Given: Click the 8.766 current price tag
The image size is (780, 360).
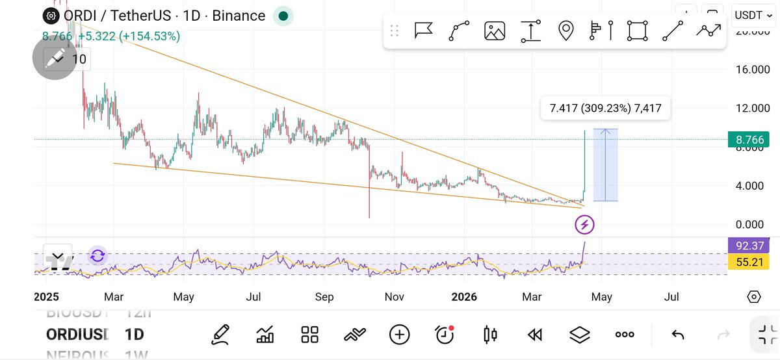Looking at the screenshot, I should tap(753, 139).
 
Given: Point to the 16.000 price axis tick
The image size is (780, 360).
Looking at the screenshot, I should tap(753, 70).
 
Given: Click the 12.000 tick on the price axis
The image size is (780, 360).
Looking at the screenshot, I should tap(753, 108).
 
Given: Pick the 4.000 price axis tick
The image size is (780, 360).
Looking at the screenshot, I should tap(753, 186).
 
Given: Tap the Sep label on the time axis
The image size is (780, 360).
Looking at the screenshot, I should tap(324, 297).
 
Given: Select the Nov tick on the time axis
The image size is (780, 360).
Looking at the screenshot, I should tap(395, 297).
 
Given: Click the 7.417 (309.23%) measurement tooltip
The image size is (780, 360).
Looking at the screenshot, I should tap(605, 109).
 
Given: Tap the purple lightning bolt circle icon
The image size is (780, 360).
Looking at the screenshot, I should tap(584, 225).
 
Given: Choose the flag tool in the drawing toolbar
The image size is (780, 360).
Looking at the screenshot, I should tap(424, 31).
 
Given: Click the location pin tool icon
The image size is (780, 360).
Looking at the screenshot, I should tap(566, 31).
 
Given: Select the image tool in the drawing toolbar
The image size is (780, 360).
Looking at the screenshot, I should tap(495, 31).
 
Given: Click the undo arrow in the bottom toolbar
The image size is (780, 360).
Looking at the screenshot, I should tap(677, 335).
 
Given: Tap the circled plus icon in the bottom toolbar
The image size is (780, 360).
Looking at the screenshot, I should tap(399, 335).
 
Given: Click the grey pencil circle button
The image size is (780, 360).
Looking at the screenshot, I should tap(55, 58).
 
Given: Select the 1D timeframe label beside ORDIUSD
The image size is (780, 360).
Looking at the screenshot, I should tap(135, 335).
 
